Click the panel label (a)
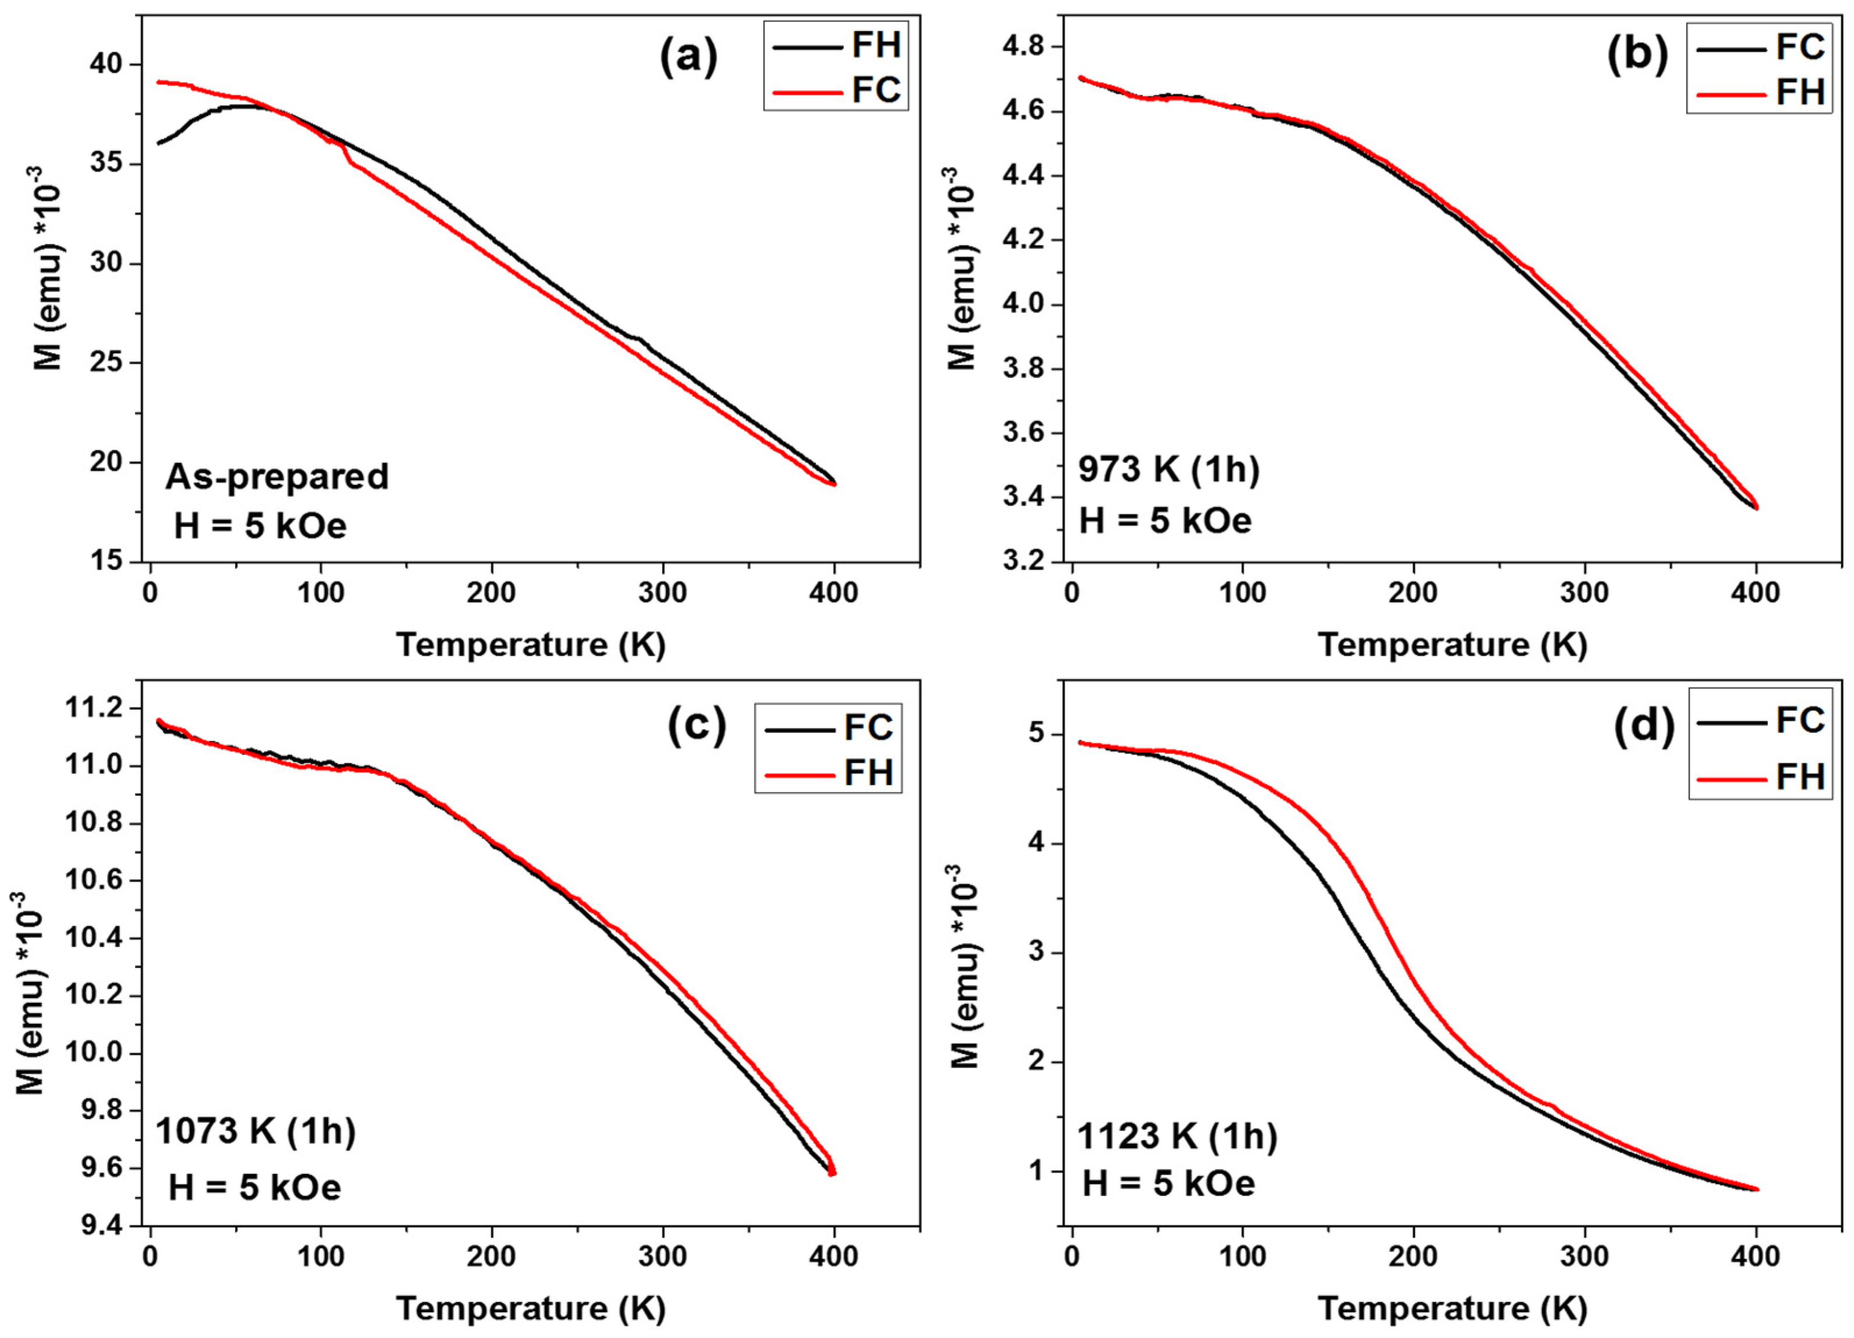click(x=688, y=58)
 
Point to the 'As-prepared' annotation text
click(x=277, y=476)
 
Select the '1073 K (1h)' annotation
click(x=255, y=1132)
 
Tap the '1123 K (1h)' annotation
click(x=1176, y=1137)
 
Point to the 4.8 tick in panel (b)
click(x=1026, y=47)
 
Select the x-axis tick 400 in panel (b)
click(x=1756, y=593)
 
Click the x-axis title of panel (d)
click(x=1453, y=1308)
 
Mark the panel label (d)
click(x=1643, y=725)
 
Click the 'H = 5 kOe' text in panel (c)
click(x=255, y=1187)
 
